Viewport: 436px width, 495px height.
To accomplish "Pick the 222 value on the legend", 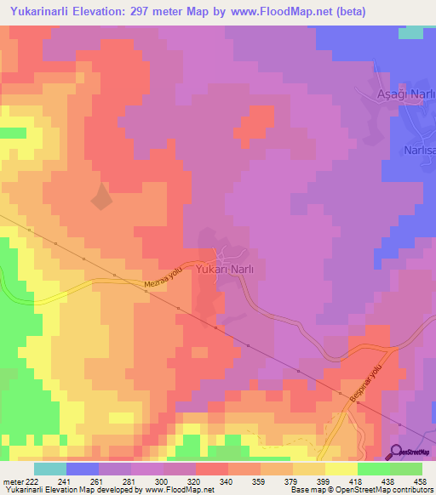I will click(32, 481).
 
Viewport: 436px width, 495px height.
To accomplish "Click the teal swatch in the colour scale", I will click(50, 469).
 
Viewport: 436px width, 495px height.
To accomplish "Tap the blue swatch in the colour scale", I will click(83, 469).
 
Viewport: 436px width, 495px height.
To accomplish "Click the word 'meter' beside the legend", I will click(11, 481).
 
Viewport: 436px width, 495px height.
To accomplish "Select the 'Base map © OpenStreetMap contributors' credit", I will click(361, 490).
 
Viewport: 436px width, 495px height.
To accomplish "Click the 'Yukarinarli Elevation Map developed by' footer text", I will click(64, 490).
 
